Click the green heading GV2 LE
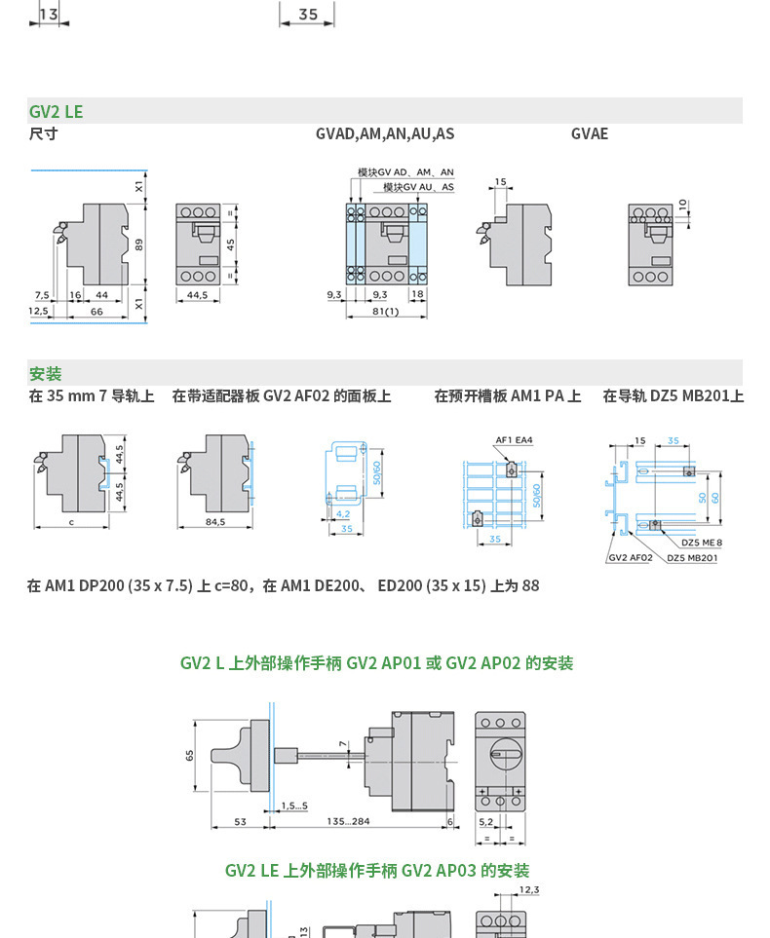pos(56,111)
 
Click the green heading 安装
pos(45,373)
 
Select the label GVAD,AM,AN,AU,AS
pos(384,133)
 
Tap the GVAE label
pos(589,133)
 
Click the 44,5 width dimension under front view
pos(197,294)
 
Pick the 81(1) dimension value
pos(386,312)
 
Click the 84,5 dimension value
pos(214,522)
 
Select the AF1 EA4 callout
pos(514,440)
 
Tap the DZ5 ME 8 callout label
pos(701,543)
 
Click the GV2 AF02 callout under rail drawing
pos(630,558)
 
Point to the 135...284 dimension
pos(348,822)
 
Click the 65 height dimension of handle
pos(190,755)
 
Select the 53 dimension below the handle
pos(240,822)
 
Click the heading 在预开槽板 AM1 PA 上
pos(507,395)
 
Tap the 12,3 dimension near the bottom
pos(529,889)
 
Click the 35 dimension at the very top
pos(307,14)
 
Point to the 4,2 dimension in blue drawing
pos(342,513)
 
